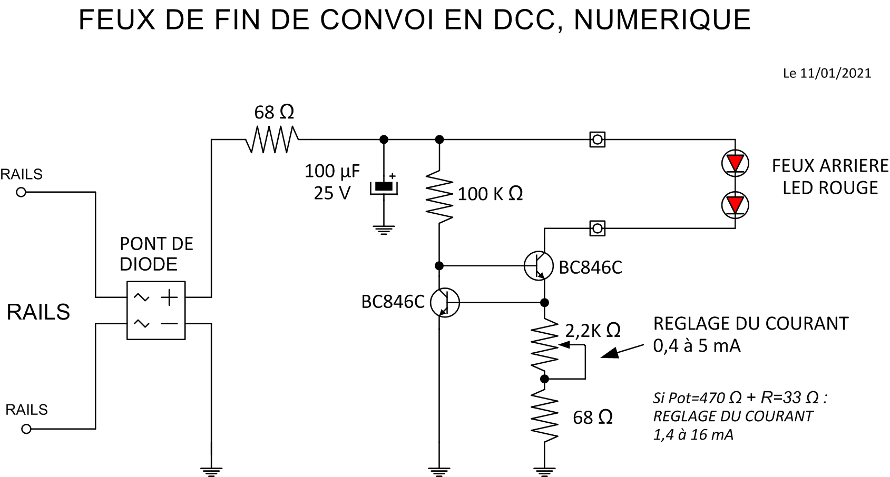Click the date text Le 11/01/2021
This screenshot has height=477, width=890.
click(x=827, y=74)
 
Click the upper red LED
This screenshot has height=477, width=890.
click(x=735, y=162)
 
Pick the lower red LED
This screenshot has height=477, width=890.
click(x=735, y=204)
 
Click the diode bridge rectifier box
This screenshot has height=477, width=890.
click(x=156, y=310)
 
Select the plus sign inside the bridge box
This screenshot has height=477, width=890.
click(x=169, y=297)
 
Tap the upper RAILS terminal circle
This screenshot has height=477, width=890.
click(x=21, y=192)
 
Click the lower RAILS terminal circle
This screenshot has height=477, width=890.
click(x=26, y=429)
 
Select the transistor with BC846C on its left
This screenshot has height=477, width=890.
click(x=445, y=303)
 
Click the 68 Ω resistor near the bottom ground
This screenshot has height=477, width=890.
click(x=545, y=416)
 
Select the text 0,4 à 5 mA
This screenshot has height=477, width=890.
click(x=697, y=346)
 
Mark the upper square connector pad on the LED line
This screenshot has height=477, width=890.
click(x=597, y=140)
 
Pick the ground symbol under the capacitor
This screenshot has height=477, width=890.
click(x=384, y=230)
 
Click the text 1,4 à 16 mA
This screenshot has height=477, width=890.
click(x=693, y=435)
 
